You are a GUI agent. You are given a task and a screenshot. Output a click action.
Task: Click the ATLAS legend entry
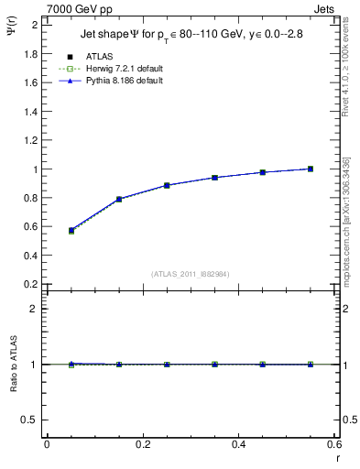[97, 57]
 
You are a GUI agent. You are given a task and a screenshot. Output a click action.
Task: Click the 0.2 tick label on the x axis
[143, 444]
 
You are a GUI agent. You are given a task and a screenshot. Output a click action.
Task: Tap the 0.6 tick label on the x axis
[334, 444]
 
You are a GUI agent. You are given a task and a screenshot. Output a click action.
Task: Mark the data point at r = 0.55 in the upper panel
[311, 169]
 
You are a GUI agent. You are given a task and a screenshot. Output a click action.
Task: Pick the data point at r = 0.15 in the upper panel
[119, 199]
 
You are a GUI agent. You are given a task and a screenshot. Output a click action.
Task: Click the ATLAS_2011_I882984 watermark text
[190, 274]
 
